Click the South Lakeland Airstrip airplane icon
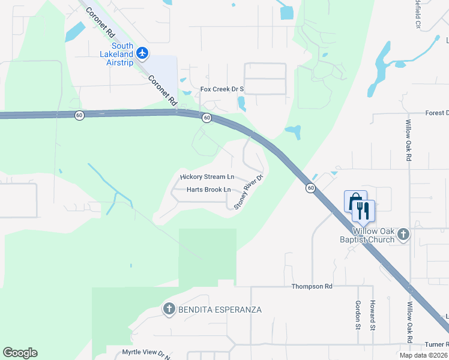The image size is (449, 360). click(142, 53)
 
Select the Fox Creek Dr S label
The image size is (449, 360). click(222, 89)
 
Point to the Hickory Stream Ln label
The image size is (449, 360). click(207, 177)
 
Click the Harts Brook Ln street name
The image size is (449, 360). click(208, 190)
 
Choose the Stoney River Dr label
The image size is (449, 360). click(249, 192)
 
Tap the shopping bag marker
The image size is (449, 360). click(355, 200)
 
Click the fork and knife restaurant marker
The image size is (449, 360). click(364, 209)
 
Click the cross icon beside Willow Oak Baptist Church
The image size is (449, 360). click(404, 235)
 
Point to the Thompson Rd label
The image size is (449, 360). click(312, 287)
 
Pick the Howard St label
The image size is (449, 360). click(373, 315)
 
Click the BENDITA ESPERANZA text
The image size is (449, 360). click(220, 310)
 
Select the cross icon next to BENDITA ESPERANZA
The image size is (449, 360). click(169, 310)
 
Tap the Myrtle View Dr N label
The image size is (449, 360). click(146, 353)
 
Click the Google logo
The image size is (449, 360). click(20, 353)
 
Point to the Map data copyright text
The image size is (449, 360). click(424, 355)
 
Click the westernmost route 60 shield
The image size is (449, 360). click(79, 115)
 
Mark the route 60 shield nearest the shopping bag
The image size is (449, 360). click(310, 188)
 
